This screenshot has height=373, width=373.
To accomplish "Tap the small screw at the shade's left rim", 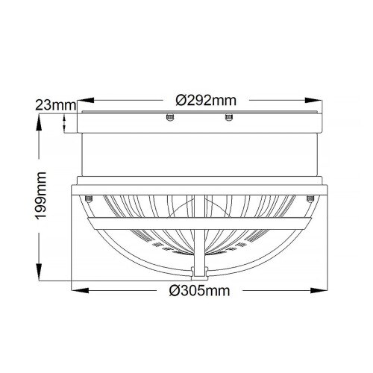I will point(89,198).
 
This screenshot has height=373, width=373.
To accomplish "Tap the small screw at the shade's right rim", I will point(309,198).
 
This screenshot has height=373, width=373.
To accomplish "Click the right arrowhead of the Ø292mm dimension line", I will point(313,99).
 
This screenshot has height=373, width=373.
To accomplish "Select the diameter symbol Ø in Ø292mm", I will point(170,99).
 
